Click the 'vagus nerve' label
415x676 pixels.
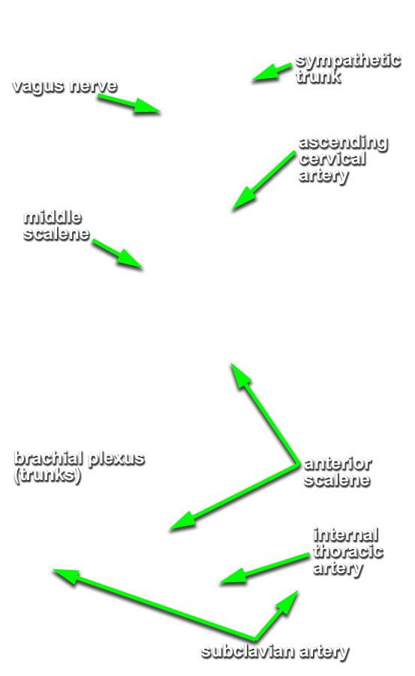click(x=65, y=86)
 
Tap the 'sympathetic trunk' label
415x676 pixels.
click(x=348, y=68)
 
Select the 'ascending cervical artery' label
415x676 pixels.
click(x=343, y=159)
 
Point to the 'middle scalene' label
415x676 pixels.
click(x=56, y=225)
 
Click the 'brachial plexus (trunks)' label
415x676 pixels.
click(x=80, y=467)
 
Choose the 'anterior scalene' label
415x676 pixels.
click(x=338, y=472)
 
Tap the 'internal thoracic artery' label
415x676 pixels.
click(x=347, y=551)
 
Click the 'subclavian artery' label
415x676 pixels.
click(x=275, y=651)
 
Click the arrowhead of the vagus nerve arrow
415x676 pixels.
click(x=160, y=112)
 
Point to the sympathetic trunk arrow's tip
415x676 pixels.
click(x=253, y=80)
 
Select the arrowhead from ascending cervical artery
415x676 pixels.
click(x=233, y=210)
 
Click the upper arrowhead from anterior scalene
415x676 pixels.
click(x=231, y=364)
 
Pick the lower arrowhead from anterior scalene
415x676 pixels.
click(x=170, y=529)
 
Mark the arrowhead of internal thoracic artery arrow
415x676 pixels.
click(x=221, y=584)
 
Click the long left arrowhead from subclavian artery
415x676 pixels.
click(x=53, y=570)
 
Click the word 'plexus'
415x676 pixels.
click(x=116, y=459)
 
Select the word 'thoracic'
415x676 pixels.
click(x=348, y=551)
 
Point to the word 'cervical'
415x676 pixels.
click(x=332, y=158)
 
